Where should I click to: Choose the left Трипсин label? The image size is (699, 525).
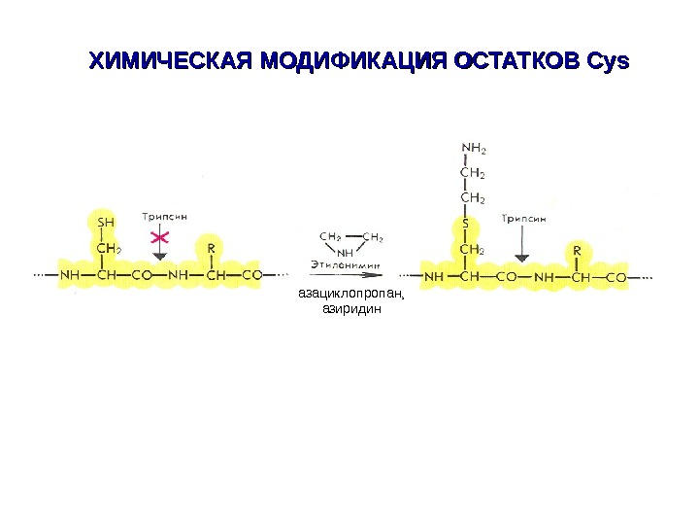[x=165, y=216]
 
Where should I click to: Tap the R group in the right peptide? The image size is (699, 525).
[x=577, y=250]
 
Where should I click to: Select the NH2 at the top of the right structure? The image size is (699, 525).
[x=474, y=149]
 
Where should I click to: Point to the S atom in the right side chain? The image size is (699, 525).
[x=465, y=225]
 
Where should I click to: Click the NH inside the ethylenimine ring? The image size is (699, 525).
[x=344, y=251]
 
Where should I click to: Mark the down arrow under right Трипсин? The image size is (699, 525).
[x=522, y=255]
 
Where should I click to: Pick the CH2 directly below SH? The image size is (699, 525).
[x=109, y=249]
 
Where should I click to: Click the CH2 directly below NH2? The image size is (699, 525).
[x=473, y=174]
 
